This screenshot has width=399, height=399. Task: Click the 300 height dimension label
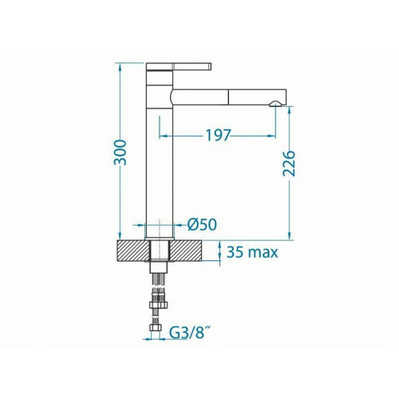point(120,152)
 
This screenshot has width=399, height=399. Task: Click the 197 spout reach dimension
point(217,136)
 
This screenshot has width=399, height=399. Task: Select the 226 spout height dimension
point(289,164)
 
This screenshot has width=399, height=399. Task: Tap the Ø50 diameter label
point(202,225)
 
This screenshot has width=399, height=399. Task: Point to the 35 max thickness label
point(252,252)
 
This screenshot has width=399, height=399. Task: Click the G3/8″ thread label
point(188,333)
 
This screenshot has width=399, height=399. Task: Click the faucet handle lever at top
point(179,66)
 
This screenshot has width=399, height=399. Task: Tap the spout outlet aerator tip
point(275,104)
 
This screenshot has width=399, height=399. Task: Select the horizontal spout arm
point(228,97)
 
